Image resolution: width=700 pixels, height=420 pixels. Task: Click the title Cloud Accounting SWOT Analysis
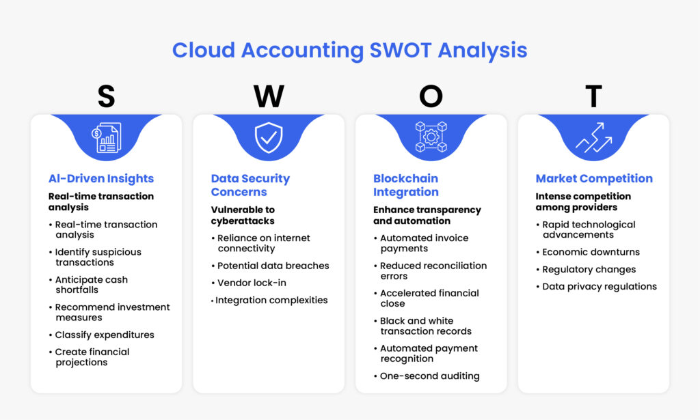349,51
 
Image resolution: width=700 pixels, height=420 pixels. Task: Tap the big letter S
106,97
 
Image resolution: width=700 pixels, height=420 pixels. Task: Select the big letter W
269,97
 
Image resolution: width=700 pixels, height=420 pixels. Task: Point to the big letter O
431,97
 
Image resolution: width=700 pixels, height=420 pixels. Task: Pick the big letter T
593,97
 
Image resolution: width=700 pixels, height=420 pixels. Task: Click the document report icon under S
107,137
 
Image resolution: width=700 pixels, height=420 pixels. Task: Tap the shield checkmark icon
269,137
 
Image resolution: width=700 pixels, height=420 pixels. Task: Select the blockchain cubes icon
431,137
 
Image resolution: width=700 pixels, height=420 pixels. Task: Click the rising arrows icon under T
593,137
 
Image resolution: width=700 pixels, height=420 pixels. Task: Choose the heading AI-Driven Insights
101,179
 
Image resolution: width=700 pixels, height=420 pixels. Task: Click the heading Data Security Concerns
250,185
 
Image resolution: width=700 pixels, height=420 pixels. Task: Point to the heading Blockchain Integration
406,185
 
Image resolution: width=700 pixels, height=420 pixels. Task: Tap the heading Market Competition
594,179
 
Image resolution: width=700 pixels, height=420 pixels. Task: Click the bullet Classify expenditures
105,335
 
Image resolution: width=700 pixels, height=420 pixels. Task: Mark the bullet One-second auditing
430,376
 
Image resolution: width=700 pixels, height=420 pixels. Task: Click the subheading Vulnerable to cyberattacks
243,215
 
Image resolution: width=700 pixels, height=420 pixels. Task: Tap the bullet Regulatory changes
589,269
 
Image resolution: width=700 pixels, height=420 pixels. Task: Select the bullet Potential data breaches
273,266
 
